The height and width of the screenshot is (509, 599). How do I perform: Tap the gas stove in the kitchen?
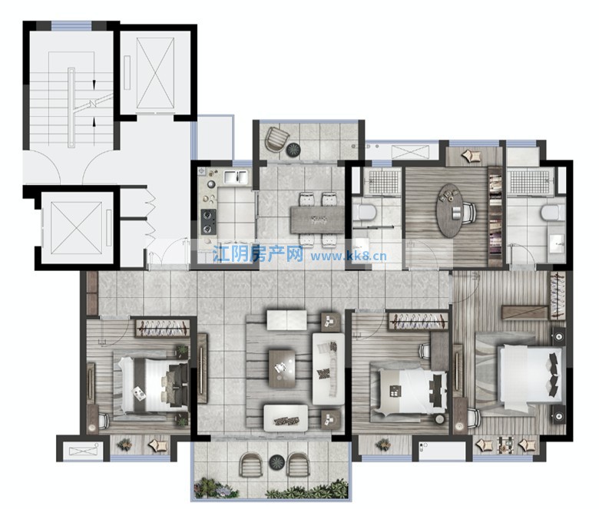[x=209, y=222]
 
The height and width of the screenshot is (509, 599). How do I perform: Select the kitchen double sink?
[x=235, y=177]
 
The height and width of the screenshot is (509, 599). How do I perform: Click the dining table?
[x=317, y=220]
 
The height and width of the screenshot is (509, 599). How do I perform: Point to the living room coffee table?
[x=282, y=369]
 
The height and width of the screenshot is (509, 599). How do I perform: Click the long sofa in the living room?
[x=329, y=369]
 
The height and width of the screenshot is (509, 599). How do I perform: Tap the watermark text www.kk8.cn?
[x=349, y=256]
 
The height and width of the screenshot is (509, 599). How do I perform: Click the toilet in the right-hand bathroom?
[x=553, y=213]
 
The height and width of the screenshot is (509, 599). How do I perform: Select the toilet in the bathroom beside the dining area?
[x=365, y=213]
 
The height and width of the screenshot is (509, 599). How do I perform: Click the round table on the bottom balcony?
[x=277, y=462]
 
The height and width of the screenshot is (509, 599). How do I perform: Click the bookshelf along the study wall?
[x=495, y=216]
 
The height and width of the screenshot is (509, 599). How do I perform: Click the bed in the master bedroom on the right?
[x=531, y=373]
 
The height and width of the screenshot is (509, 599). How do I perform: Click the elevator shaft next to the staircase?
[x=155, y=73]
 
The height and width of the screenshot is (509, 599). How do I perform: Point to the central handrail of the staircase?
[x=71, y=107]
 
